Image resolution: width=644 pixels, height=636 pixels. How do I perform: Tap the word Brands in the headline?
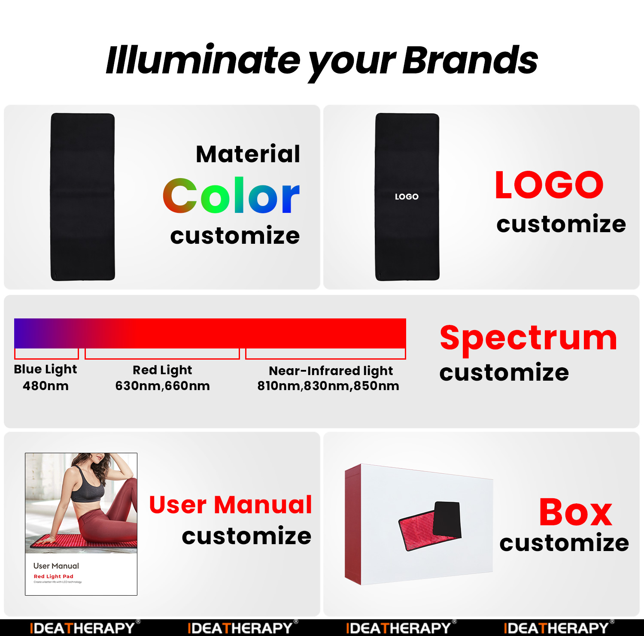coord(470,60)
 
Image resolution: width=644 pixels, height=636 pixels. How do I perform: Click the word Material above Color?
coord(248,154)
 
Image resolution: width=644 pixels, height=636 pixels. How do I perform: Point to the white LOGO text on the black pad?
coord(407,197)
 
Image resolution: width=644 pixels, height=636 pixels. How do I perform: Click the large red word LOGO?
coord(549,185)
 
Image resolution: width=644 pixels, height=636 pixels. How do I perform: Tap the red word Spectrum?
coord(529,338)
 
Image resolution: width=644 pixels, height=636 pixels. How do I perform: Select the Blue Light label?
coord(46,369)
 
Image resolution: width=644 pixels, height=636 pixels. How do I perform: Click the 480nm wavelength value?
coord(46,386)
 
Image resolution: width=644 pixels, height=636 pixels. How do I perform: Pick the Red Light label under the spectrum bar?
coord(162,370)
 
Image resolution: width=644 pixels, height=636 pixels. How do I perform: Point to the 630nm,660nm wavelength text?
coord(162,386)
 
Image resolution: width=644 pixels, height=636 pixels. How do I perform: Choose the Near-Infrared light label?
coord(331,371)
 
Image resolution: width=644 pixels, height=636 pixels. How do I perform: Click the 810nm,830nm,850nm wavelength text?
coord(328,386)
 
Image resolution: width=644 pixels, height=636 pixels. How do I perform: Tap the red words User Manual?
coord(231,505)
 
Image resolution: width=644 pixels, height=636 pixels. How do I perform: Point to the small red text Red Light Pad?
coord(54,576)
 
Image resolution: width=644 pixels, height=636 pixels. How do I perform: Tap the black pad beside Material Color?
coord(83,197)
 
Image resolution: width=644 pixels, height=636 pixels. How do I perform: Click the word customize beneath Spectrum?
coord(504,372)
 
